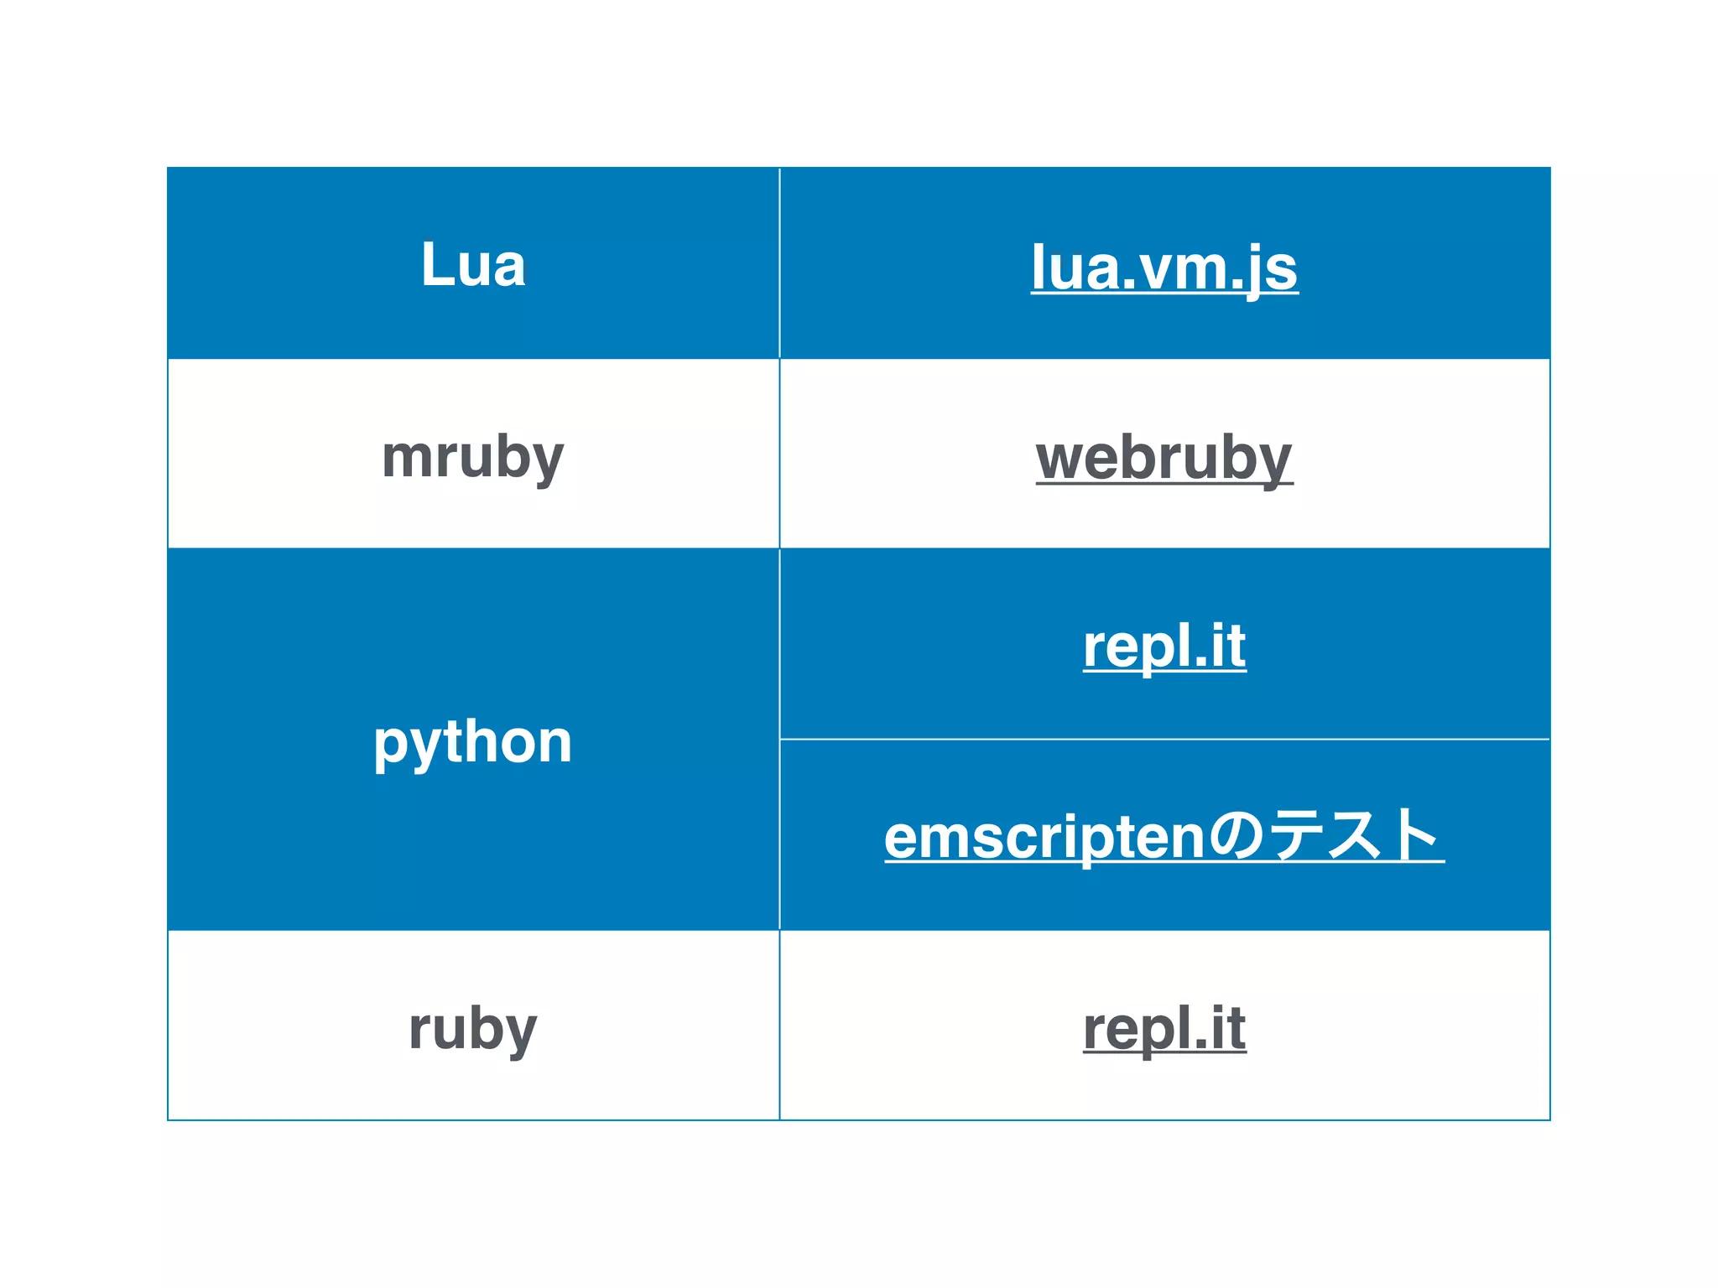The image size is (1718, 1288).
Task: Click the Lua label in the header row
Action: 473,265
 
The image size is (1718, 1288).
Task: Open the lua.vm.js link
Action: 1164,268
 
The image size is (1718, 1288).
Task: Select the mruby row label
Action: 473,458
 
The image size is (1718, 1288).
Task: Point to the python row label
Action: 473,742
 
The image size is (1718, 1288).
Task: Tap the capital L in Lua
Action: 438,265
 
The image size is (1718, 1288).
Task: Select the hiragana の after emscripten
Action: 1237,836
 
